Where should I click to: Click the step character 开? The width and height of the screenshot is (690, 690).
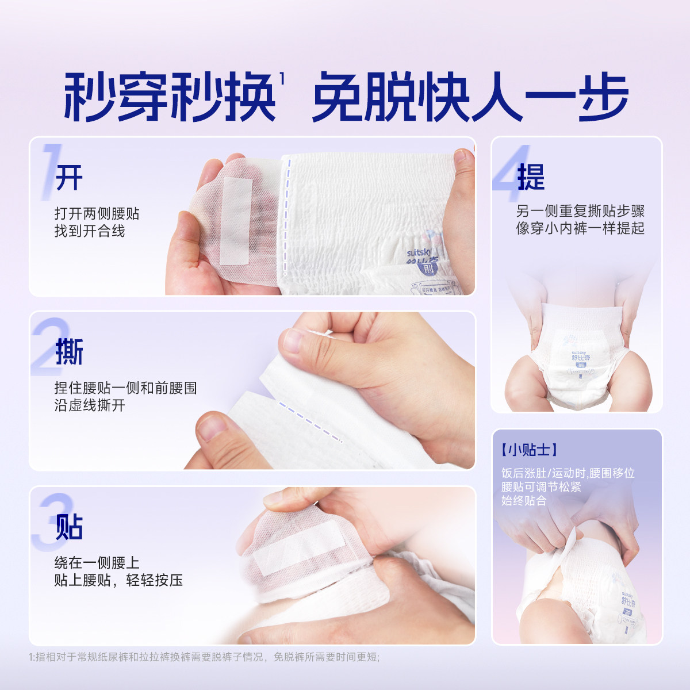pos(69,178)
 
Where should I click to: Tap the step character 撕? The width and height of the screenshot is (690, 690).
pos(69,352)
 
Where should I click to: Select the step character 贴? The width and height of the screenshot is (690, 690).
pos(69,527)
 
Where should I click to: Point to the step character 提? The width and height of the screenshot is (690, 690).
pos(530,177)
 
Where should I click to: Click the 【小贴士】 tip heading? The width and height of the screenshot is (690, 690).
pos(529,450)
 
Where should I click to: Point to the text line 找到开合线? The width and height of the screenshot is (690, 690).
pos(90,231)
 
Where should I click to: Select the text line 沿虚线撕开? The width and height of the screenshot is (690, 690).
pos(90,405)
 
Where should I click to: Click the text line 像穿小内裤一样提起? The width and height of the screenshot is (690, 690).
pos(580,228)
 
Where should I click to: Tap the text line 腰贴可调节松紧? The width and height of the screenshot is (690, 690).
pos(540,487)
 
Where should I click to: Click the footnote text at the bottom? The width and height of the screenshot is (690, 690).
pos(204,657)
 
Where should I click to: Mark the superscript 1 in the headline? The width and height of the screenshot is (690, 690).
pos(282,78)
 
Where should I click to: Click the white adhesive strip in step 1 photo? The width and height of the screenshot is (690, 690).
pos(236,221)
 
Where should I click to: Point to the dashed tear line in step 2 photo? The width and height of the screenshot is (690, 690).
pos(310,421)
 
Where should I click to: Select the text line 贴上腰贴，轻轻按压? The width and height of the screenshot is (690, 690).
pos(118,580)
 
